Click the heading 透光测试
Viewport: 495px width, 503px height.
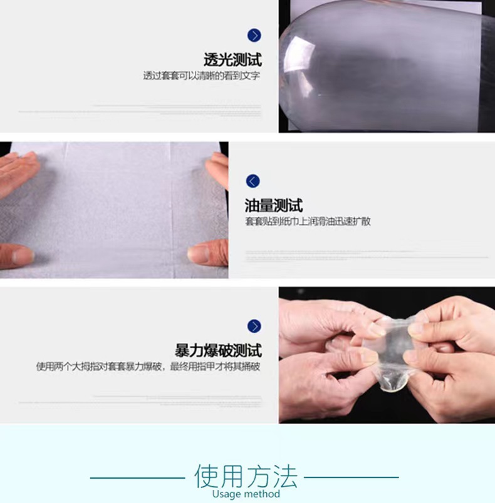click(x=232, y=60)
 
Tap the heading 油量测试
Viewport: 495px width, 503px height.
click(x=274, y=205)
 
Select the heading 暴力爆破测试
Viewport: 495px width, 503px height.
click(x=219, y=350)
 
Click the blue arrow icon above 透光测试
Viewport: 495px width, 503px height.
click(x=254, y=36)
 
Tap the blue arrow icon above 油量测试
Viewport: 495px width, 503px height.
click(x=253, y=181)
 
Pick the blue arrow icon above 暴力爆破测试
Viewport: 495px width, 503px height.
click(x=254, y=326)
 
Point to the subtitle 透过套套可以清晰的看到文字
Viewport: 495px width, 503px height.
click(x=202, y=76)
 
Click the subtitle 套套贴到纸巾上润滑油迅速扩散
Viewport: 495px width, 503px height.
click(x=308, y=221)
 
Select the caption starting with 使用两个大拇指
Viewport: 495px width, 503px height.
click(x=148, y=367)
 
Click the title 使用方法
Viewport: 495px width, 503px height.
click(x=246, y=477)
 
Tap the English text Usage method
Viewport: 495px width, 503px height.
click(x=246, y=494)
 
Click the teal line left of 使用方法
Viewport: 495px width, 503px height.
click(x=138, y=478)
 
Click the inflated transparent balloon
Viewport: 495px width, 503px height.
click(x=382, y=69)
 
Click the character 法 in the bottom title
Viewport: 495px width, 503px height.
click(x=285, y=477)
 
